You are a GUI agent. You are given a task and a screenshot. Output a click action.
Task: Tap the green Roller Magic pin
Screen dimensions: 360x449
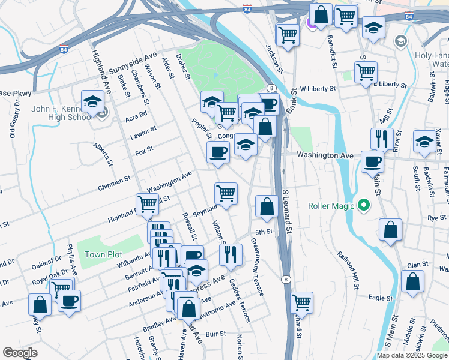tap(363, 206)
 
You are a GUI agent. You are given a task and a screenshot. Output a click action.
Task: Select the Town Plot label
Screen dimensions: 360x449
tap(103, 254)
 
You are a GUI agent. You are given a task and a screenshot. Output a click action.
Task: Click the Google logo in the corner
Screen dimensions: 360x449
tap(20, 352)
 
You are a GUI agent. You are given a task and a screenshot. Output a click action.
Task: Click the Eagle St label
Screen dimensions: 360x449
tap(380, 298)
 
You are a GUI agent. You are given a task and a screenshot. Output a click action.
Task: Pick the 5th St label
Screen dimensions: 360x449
tap(264, 232)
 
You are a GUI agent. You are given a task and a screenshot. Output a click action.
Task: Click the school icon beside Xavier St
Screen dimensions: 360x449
tap(424, 143)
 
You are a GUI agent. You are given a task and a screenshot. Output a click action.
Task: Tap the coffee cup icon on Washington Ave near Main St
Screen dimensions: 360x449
tap(372, 161)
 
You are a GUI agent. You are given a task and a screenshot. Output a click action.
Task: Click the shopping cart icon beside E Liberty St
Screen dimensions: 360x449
tap(366, 73)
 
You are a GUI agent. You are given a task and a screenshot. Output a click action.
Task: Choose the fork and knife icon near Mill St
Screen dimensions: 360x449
tap(382, 139)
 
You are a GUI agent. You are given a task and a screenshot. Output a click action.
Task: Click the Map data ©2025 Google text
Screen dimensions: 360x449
tap(412, 355)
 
